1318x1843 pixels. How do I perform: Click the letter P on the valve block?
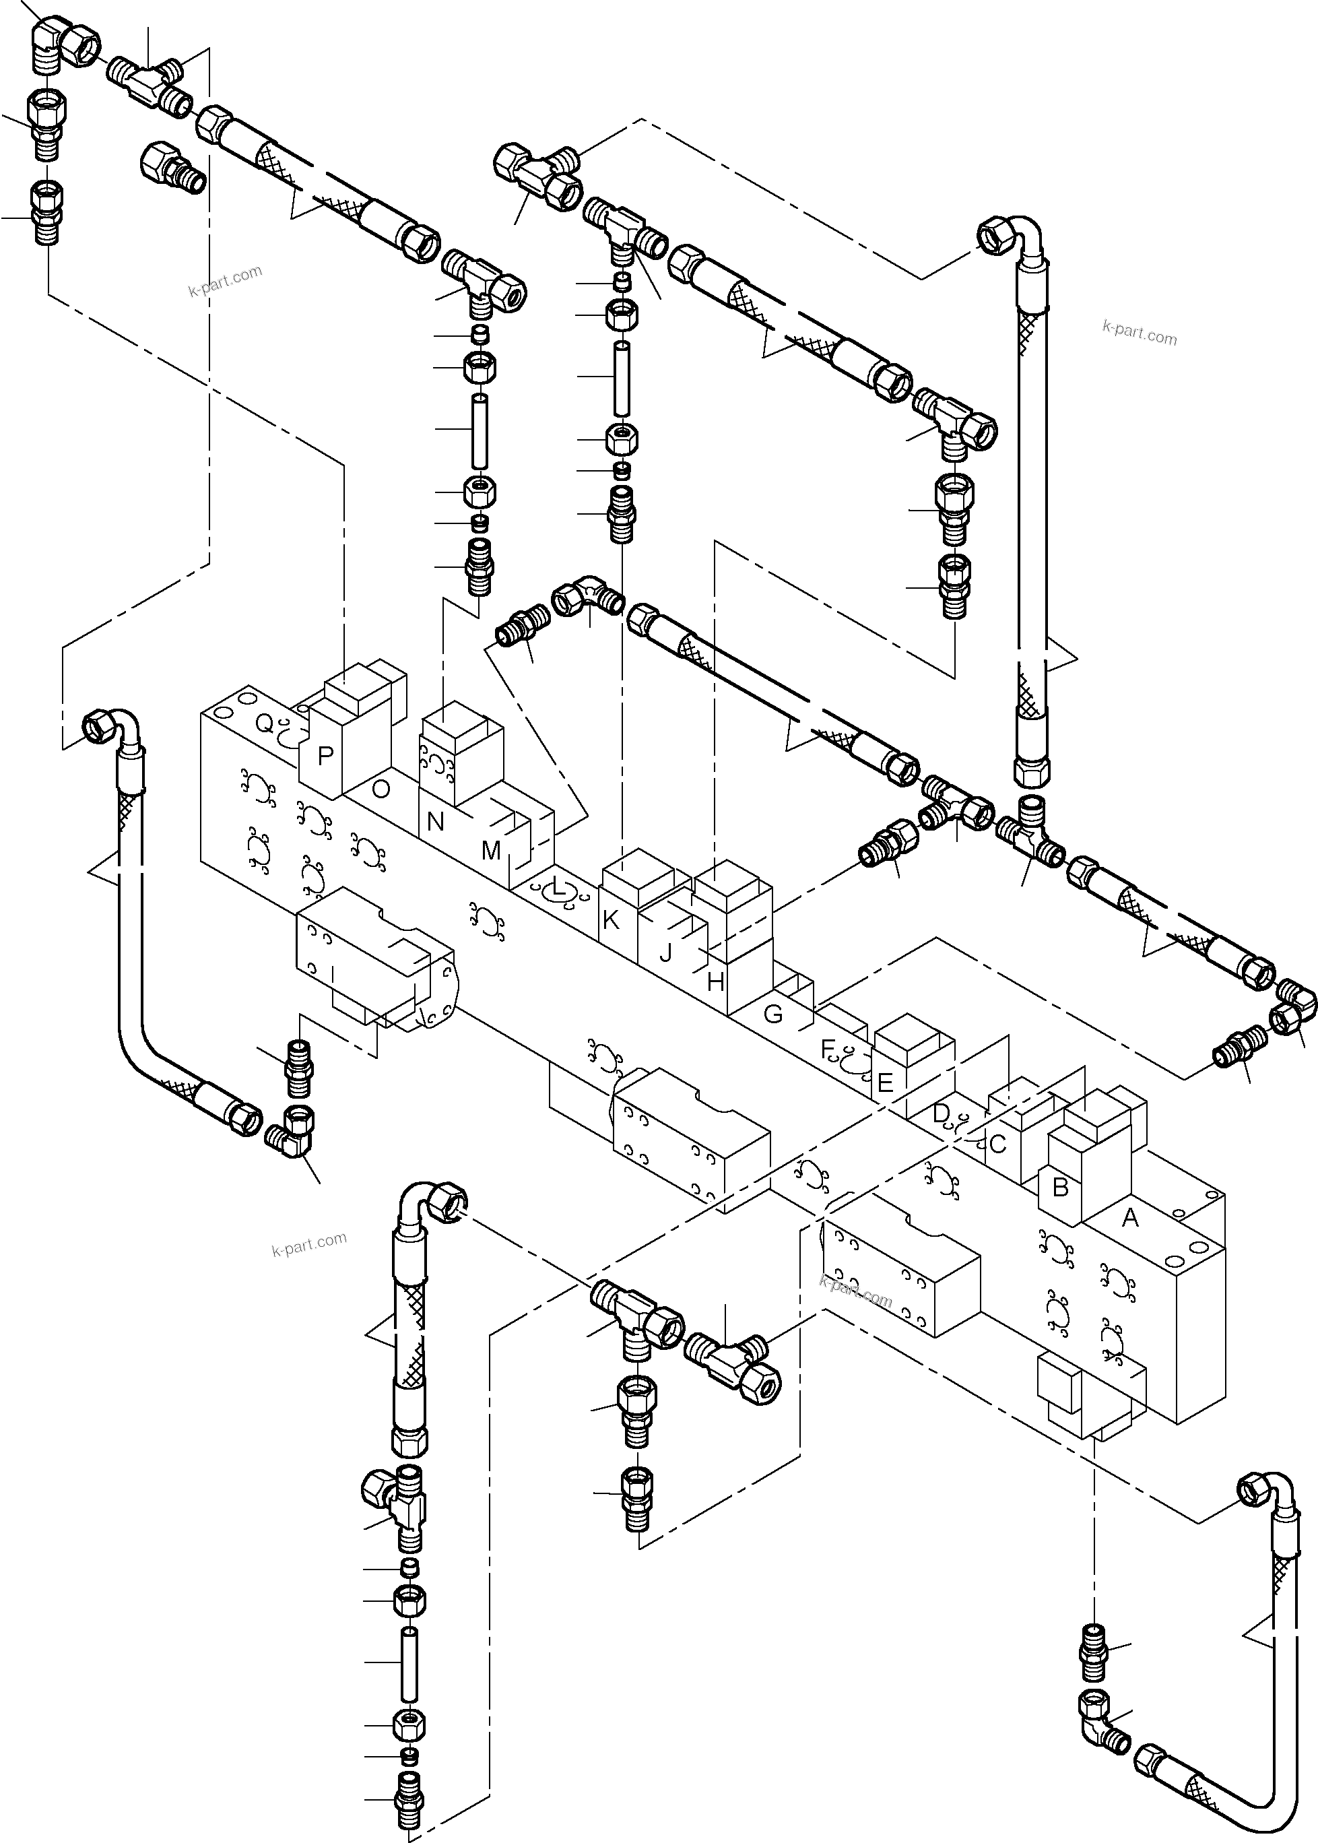(x=325, y=756)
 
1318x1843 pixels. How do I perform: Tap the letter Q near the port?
(x=265, y=722)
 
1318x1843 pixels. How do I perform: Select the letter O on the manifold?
(x=380, y=789)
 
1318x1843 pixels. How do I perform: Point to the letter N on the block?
(x=435, y=822)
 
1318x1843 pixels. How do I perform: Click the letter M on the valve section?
(x=491, y=851)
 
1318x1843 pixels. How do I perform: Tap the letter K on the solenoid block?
(x=611, y=920)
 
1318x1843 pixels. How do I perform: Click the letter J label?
(x=665, y=952)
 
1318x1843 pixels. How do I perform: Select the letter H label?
(x=715, y=982)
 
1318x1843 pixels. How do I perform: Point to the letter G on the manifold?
(x=773, y=1014)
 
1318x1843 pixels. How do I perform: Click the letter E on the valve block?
(x=885, y=1082)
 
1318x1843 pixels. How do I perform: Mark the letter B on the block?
(x=1060, y=1188)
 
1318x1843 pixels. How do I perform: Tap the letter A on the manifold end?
(x=1129, y=1217)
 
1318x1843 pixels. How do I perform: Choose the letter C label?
(x=997, y=1144)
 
